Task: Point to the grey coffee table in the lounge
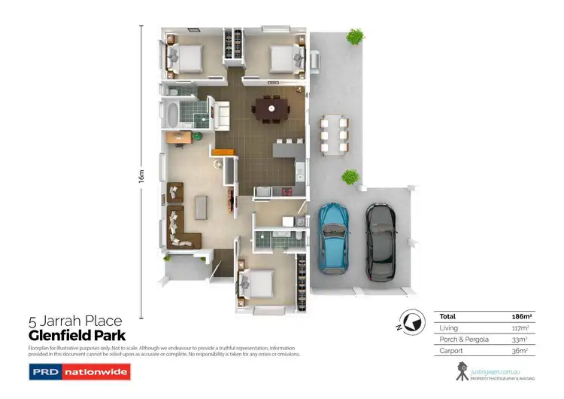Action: (202, 207)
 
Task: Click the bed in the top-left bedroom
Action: (183, 57)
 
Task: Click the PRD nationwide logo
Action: (79, 371)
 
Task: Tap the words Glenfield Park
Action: (77, 335)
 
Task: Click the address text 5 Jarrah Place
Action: (74, 321)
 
